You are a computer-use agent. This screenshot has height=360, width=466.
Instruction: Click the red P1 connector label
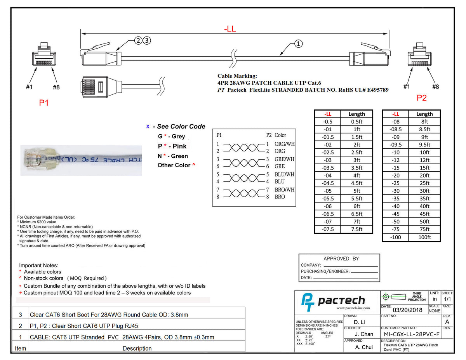coord(44,103)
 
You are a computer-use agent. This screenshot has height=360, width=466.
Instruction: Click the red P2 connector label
coord(421,98)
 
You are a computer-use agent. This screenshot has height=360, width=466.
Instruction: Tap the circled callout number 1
coord(298,43)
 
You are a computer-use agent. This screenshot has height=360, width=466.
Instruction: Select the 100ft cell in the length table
coord(424,237)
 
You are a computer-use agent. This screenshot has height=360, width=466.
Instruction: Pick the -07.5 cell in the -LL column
coord(328,229)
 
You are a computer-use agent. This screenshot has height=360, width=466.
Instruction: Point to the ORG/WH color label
coord(285,144)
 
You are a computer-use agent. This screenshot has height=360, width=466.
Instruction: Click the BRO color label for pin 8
coord(280,197)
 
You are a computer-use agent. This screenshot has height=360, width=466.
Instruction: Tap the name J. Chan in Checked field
coord(364,334)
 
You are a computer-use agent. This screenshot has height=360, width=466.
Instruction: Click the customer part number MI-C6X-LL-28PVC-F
coord(412,334)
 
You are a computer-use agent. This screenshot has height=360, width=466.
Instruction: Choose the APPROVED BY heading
coord(341,259)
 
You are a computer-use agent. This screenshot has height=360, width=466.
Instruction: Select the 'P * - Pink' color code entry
coord(172,146)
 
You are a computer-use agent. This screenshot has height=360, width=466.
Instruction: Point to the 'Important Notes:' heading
coord(39,265)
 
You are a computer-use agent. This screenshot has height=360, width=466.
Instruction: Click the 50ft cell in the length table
coord(424,221)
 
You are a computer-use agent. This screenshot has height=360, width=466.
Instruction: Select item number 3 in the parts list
coord(20,315)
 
